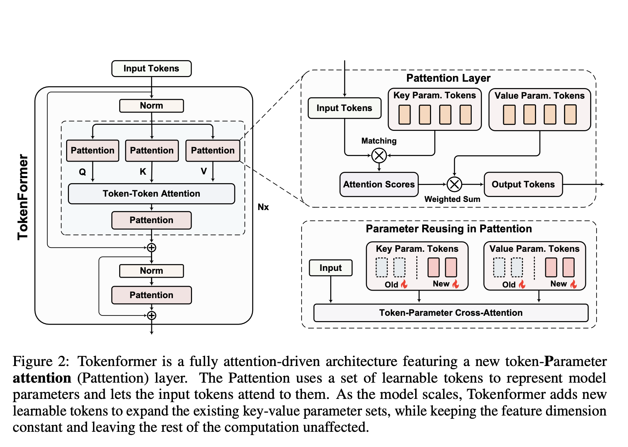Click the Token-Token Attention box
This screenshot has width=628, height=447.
[x=151, y=193]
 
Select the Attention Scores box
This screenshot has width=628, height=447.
[x=379, y=184]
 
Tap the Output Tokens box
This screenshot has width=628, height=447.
[x=523, y=184]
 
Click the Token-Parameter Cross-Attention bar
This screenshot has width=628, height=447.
[x=451, y=313]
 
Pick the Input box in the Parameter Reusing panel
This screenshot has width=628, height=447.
[x=331, y=268]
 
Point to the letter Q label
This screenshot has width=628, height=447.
[x=82, y=172]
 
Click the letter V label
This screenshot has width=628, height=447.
[x=204, y=172]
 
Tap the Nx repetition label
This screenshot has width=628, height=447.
[x=263, y=207]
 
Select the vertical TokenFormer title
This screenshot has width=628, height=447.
[x=23, y=197]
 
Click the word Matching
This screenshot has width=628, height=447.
[x=379, y=141]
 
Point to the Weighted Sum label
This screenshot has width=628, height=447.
[x=452, y=199]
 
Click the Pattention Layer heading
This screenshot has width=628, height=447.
[x=448, y=78]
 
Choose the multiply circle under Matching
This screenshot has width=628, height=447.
[x=379, y=155]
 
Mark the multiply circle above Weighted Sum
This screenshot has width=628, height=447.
[x=454, y=184]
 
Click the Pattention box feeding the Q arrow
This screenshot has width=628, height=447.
[x=93, y=150]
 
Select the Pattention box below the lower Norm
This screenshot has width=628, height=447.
[x=151, y=295]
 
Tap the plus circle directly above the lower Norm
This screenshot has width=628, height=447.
[x=151, y=248]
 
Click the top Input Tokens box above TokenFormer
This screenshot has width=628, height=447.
[x=151, y=69]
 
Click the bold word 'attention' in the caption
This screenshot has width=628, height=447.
[x=42, y=378]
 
